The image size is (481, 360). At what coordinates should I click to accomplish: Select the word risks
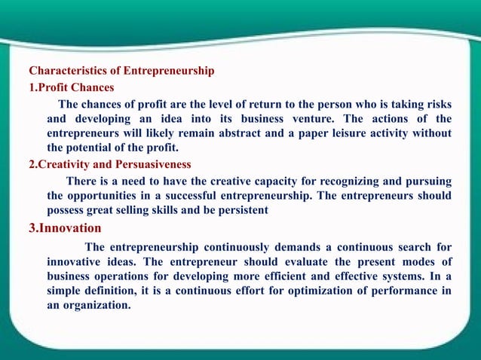[436, 103]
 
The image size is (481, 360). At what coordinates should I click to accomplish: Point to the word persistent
[241, 211]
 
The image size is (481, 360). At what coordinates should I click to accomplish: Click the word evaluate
[287, 261]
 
